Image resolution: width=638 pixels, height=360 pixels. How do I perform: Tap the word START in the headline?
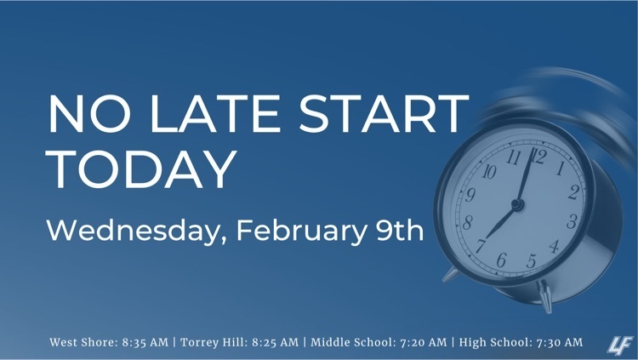click(384, 114)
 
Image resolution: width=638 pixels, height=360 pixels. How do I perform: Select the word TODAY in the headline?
click(142, 169)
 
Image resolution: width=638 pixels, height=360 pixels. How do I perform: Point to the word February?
click(301, 231)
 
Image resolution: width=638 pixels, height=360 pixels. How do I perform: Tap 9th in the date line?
click(400, 231)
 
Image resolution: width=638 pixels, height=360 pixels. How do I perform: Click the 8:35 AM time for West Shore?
click(145, 342)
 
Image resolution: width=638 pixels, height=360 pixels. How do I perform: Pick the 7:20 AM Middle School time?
click(423, 342)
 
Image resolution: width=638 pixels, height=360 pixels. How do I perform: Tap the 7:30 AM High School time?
click(560, 342)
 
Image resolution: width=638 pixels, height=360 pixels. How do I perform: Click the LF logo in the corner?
click(619, 346)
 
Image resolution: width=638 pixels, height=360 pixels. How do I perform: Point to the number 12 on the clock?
click(538, 157)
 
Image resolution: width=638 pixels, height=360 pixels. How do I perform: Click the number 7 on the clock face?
click(481, 246)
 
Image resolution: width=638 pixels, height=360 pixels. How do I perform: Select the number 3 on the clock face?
click(572, 221)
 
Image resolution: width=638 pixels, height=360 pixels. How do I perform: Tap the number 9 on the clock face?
click(470, 195)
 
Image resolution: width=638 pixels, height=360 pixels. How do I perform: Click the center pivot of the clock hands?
click(517, 204)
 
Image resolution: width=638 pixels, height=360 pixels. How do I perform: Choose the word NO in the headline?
click(90, 114)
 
